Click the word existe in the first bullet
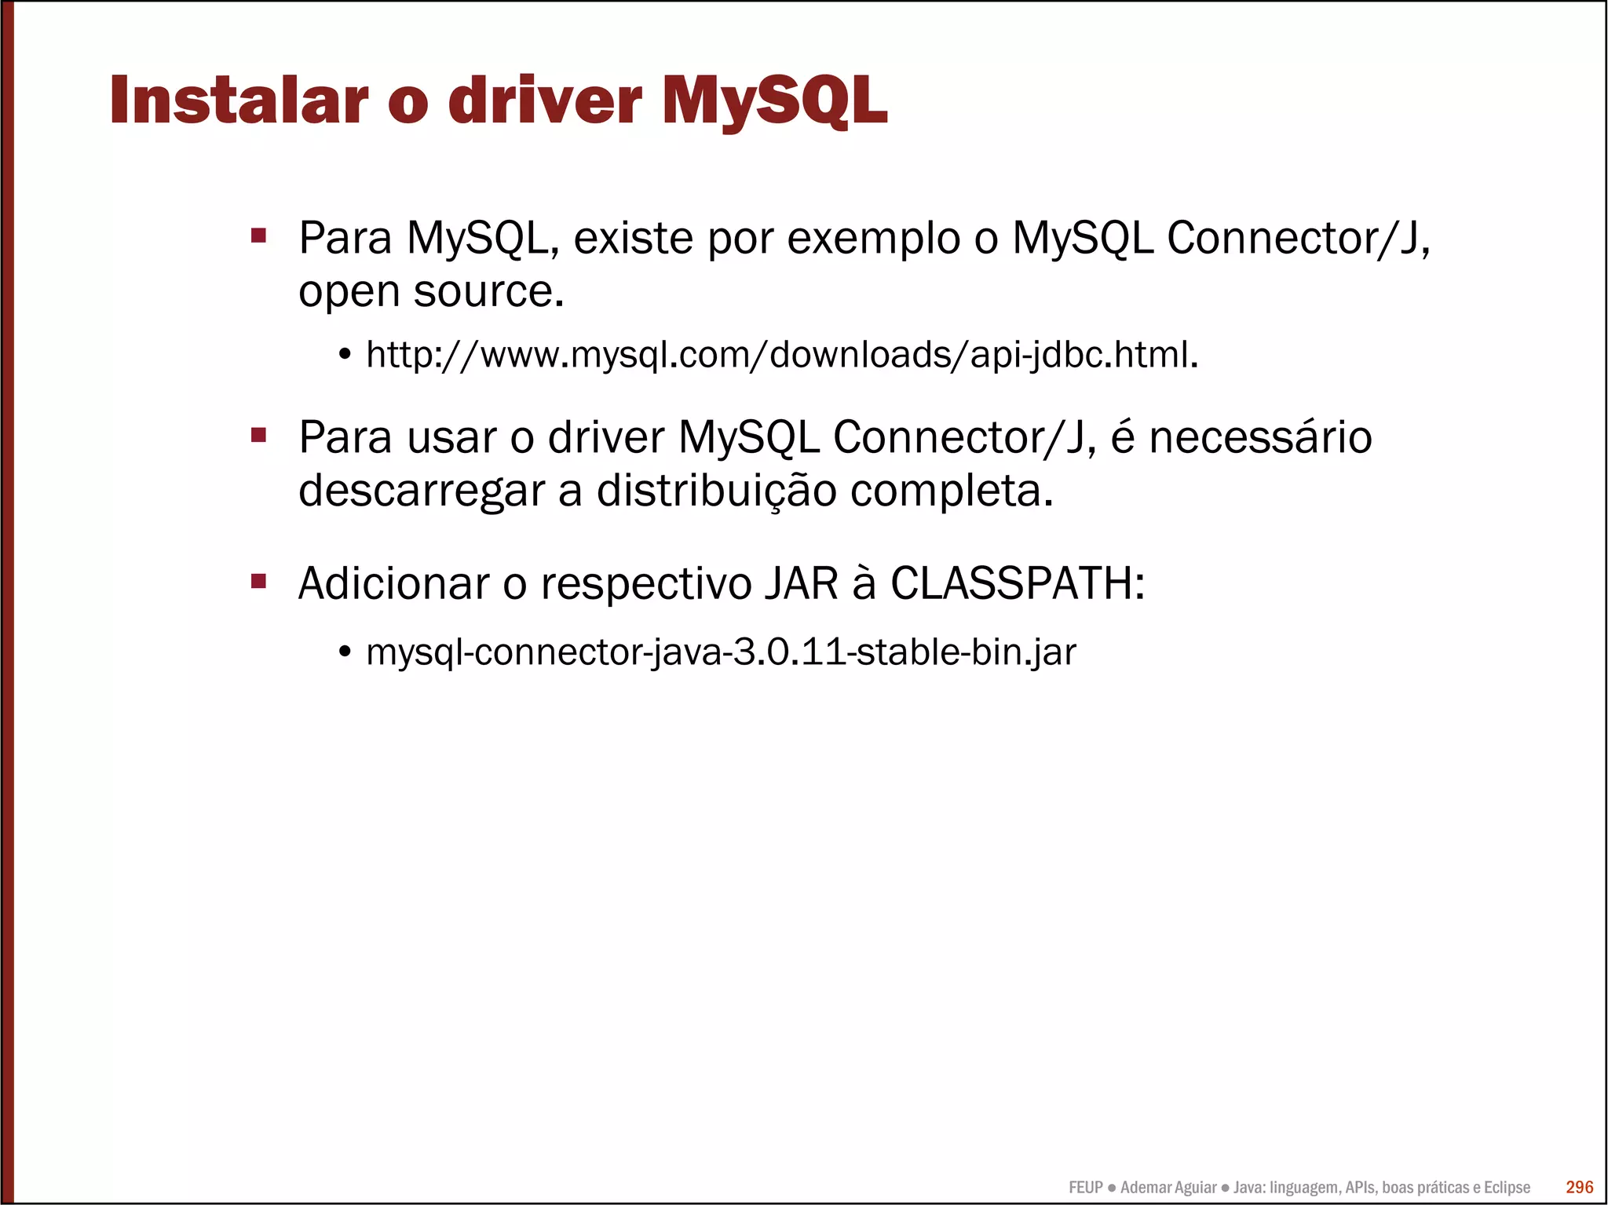pyautogui.click(x=633, y=238)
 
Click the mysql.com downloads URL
pyautogui.click(x=781, y=355)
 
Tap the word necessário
pyautogui.click(x=1260, y=437)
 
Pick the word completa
pyautogui.click(x=951, y=492)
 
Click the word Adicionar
pyautogui.click(x=393, y=584)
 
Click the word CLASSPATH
pyautogui.click(x=1017, y=584)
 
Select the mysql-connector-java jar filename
pyautogui.click(x=721, y=652)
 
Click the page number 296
pyautogui.click(x=1579, y=1187)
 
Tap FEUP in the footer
pyautogui.click(x=1086, y=1188)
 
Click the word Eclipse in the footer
pyautogui.click(x=1507, y=1188)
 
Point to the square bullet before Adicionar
pyautogui.click(x=259, y=582)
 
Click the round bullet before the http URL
pyautogui.click(x=345, y=356)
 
